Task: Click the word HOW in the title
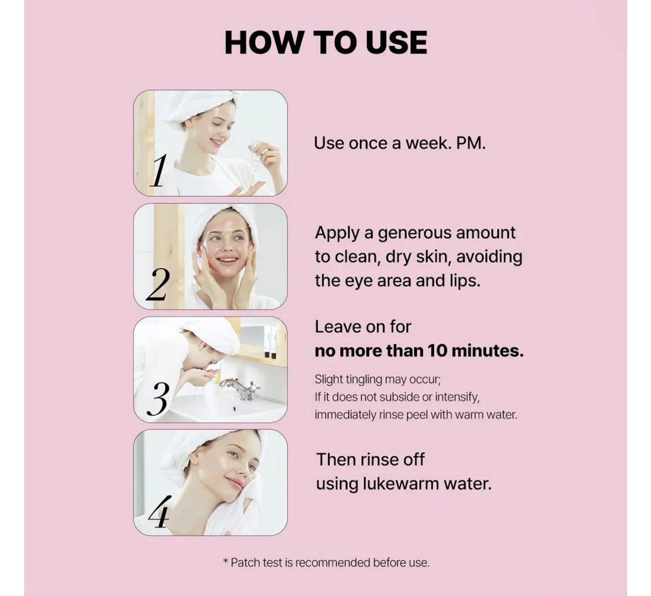tap(263, 42)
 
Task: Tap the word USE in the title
tap(396, 42)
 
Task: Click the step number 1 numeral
tap(159, 171)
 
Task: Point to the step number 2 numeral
tap(158, 284)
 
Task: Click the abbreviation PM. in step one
tap(471, 143)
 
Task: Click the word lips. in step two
tap(465, 281)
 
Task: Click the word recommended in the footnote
tap(332, 563)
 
